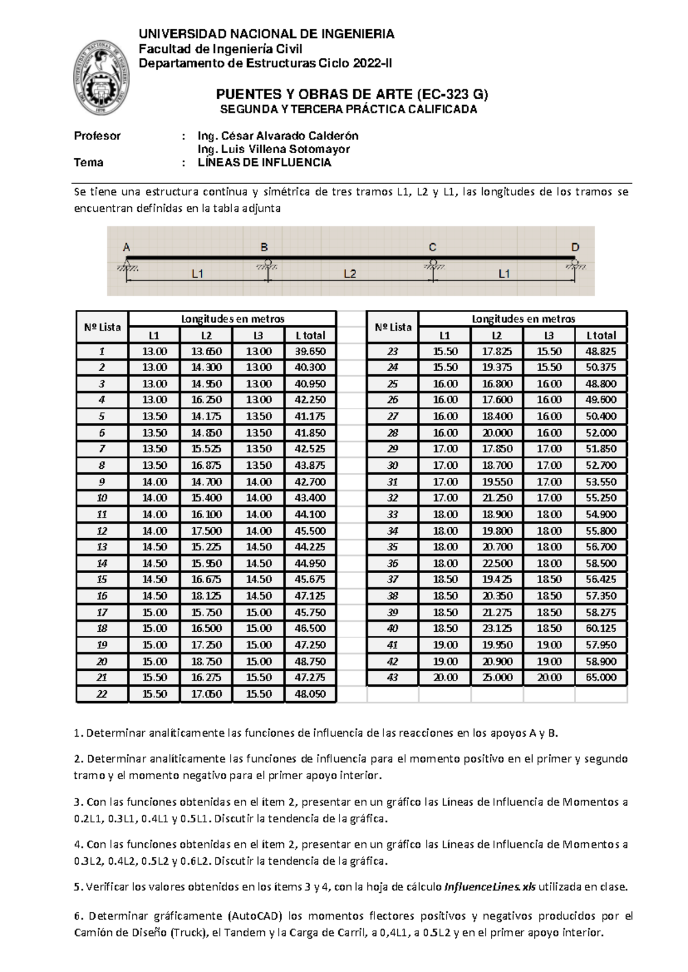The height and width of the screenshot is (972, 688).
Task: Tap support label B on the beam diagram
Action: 264,248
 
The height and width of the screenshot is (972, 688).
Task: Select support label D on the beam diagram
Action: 575,247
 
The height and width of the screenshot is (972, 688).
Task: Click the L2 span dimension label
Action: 350,274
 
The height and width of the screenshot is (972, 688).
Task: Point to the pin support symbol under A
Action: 127,265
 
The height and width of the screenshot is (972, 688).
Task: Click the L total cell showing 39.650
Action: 310,351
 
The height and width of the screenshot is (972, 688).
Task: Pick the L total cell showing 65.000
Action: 601,677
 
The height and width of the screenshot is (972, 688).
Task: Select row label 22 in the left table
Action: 101,694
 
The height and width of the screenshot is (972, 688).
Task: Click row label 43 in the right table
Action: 392,677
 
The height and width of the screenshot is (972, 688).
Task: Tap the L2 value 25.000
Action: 497,677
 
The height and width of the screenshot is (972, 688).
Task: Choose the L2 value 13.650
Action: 206,351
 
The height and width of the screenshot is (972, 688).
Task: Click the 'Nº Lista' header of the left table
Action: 102,327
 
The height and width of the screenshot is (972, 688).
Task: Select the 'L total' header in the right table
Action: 601,335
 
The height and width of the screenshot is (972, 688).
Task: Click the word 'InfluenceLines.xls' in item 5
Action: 490,887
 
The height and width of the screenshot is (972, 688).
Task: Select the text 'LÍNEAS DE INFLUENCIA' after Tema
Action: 264,162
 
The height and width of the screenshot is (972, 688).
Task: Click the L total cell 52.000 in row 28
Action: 601,433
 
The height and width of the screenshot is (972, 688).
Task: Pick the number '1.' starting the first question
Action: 79,733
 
